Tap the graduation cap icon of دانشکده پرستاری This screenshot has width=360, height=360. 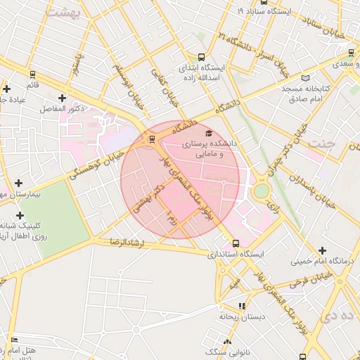click(x=208, y=133)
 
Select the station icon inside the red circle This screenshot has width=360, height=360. click(x=150, y=139)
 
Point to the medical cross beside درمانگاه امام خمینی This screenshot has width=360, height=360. click(x=323, y=250)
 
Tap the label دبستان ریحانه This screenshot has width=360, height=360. click(x=244, y=316)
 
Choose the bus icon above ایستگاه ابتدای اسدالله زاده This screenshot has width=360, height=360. click(x=202, y=58)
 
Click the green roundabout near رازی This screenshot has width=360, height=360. click(x=261, y=191)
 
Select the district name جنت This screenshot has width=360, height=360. click(x=347, y=143)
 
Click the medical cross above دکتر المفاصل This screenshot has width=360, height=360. click(x=63, y=98)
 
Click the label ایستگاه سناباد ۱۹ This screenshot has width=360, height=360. click(x=264, y=12)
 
